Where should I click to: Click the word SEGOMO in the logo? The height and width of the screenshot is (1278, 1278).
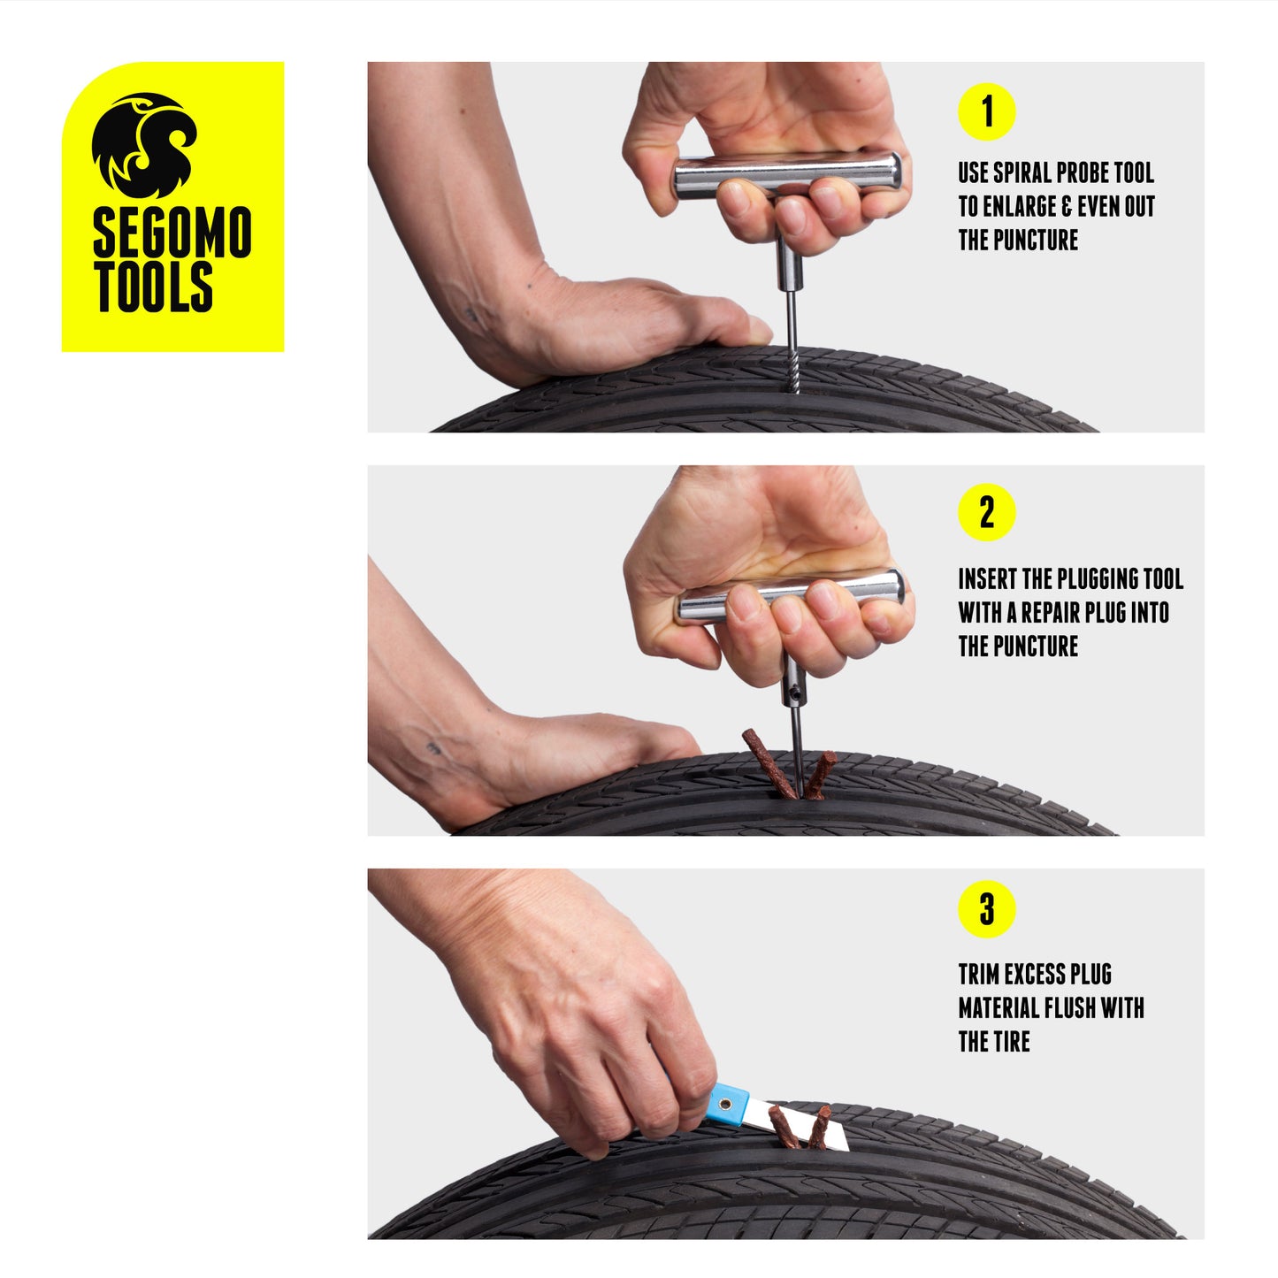point(172,232)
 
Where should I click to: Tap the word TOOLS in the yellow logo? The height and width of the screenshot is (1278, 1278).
point(153,287)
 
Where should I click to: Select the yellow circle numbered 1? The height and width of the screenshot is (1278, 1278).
point(987,111)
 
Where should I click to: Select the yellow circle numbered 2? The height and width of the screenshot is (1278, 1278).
point(987,512)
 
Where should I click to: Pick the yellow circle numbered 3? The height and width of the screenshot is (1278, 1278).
point(987,909)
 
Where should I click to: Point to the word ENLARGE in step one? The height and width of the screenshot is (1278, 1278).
point(1022,206)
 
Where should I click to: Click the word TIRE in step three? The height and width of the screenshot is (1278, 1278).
point(1011,1041)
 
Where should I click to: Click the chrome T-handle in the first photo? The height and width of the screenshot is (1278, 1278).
point(787,176)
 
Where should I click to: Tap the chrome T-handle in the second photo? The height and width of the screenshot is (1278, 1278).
point(789,595)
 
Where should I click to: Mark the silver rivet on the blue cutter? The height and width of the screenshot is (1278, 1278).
point(725,1105)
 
